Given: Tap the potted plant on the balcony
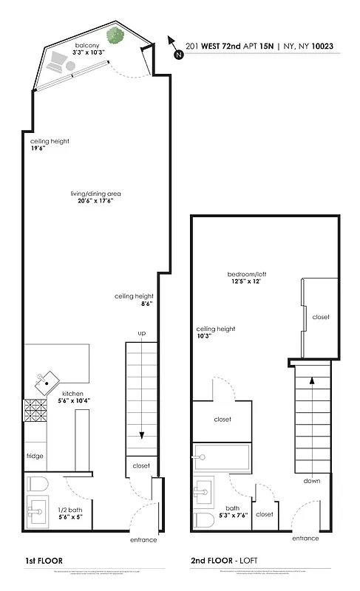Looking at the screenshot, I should tap(115, 35).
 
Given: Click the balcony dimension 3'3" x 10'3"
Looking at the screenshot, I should tap(86, 52).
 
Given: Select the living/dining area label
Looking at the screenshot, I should tap(93, 194).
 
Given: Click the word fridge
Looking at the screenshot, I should tap(35, 456).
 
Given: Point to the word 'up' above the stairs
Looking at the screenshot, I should tap(141, 334).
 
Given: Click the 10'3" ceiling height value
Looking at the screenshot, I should tap(206, 337).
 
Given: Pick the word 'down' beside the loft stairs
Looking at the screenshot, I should tap(310, 480).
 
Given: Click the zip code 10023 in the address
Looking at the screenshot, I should tap(322, 46).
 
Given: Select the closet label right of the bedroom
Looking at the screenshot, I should tap(321, 317).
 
